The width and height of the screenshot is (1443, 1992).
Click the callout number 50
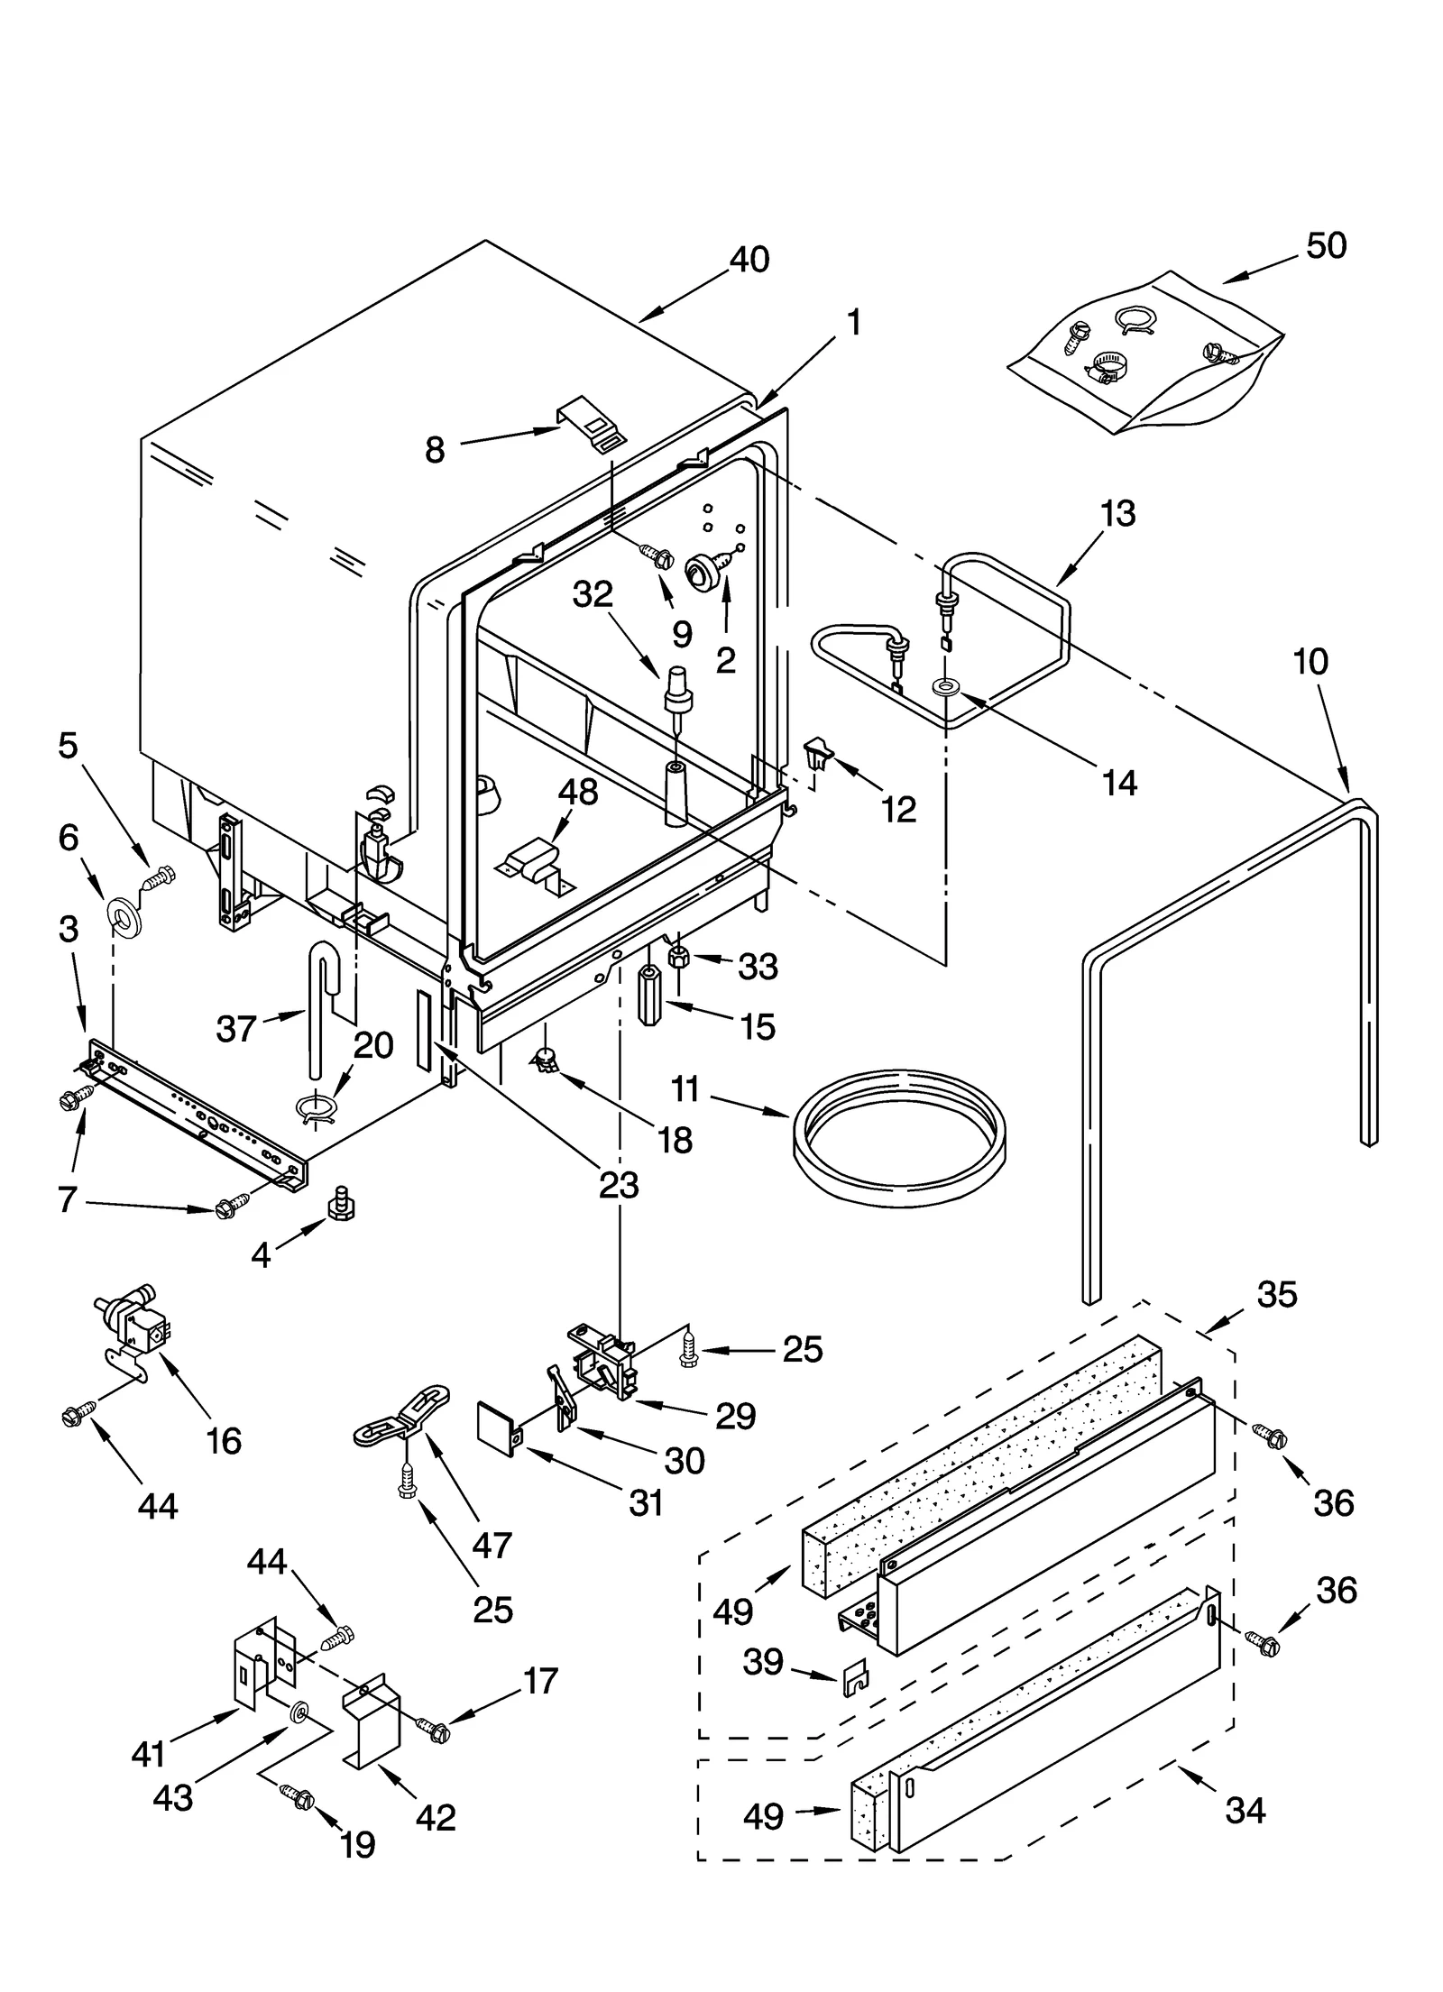(1326, 245)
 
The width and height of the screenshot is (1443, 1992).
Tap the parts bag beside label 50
(1145, 352)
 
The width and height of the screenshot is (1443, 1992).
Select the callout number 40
(749, 260)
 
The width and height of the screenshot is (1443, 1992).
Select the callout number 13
(1117, 514)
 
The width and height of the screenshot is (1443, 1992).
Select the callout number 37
(236, 1028)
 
